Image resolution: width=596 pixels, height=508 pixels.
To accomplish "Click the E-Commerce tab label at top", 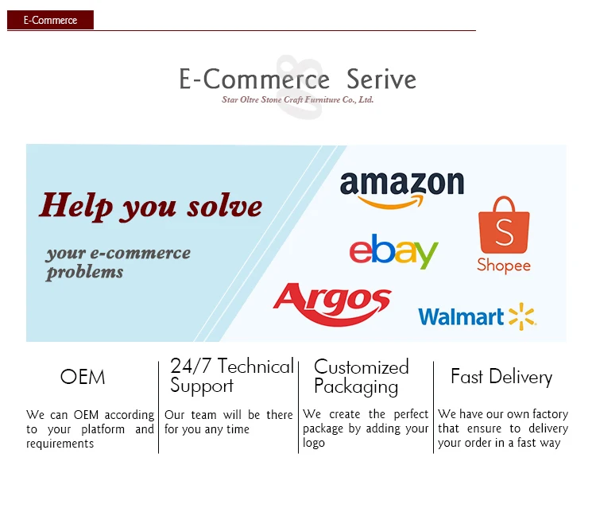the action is click(x=50, y=20).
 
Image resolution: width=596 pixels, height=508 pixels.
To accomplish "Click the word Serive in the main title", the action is click(x=381, y=79).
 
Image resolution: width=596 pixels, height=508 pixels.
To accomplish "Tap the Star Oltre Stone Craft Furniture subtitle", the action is click(x=298, y=99).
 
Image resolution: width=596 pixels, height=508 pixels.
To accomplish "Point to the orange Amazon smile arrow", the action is click(x=390, y=202).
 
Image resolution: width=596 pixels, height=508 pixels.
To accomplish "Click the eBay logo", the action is click(x=394, y=251).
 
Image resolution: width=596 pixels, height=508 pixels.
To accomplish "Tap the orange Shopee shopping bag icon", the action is click(x=504, y=225).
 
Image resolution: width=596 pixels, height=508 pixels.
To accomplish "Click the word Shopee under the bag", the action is click(x=504, y=266).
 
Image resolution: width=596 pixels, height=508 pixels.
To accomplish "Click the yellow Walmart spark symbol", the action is click(x=523, y=316).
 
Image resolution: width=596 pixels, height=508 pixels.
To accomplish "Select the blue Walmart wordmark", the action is click(x=461, y=316).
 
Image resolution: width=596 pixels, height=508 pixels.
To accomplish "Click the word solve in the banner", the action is click(x=225, y=207).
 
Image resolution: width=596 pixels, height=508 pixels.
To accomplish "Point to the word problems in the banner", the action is click(x=84, y=273).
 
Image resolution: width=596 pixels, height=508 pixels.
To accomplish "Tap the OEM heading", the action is click(x=83, y=377).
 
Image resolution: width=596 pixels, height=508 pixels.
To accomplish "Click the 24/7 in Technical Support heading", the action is click(x=191, y=366).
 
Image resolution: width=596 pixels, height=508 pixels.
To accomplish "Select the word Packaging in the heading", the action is click(x=356, y=387).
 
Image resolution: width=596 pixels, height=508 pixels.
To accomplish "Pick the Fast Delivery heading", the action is click(x=501, y=377).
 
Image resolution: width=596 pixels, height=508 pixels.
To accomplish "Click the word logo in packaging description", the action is click(x=314, y=444).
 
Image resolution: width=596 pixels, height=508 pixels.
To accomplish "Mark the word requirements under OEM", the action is click(x=60, y=444).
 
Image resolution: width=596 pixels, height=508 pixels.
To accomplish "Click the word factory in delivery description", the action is click(x=551, y=414).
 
